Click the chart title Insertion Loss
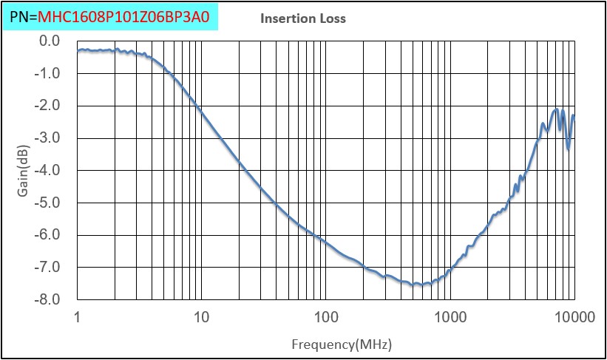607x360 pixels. [x=303, y=18]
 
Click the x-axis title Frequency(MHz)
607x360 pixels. [x=341, y=344]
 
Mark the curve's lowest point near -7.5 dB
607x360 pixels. [x=418, y=285]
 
